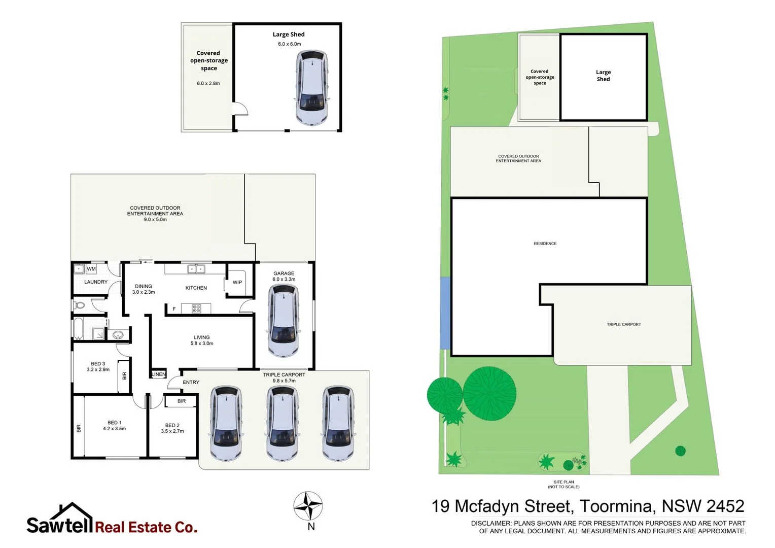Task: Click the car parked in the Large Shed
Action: tap(311, 87)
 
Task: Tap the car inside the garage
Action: tap(283, 321)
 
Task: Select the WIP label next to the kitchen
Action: tap(237, 282)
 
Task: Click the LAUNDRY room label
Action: tap(96, 282)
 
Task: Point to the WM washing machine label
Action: tap(91, 269)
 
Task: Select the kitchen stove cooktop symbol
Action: tap(196, 309)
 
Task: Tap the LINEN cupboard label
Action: tap(159, 374)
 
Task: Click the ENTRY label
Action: tap(191, 382)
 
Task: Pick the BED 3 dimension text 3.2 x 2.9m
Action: tap(98, 369)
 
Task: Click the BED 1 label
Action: tap(114, 422)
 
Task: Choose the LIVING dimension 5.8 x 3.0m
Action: tap(202, 344)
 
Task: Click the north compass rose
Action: tap(308, 506)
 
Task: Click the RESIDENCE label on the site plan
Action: tap(545, 244)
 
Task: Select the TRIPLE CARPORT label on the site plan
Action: tap(623, 324)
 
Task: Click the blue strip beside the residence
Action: tap(445, 313)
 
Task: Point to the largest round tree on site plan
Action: tap(489, 393)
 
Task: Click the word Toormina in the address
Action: tap(615, 506)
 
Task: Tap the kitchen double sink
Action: tap(196, 269)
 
